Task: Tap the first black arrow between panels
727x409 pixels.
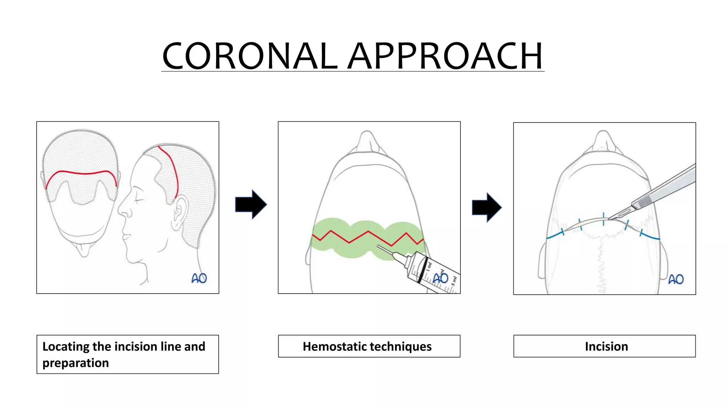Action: (251, 204)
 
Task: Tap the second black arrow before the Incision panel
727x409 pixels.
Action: (486, 208)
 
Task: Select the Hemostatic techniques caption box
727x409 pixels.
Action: (369, 346)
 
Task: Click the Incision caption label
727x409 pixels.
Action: (606, 347)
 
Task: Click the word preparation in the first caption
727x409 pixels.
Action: (75, 363)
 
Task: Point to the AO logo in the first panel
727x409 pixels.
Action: (199, 278)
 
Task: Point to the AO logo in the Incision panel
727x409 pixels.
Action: (676, 279)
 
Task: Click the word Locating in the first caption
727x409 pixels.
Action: (66, 347)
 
